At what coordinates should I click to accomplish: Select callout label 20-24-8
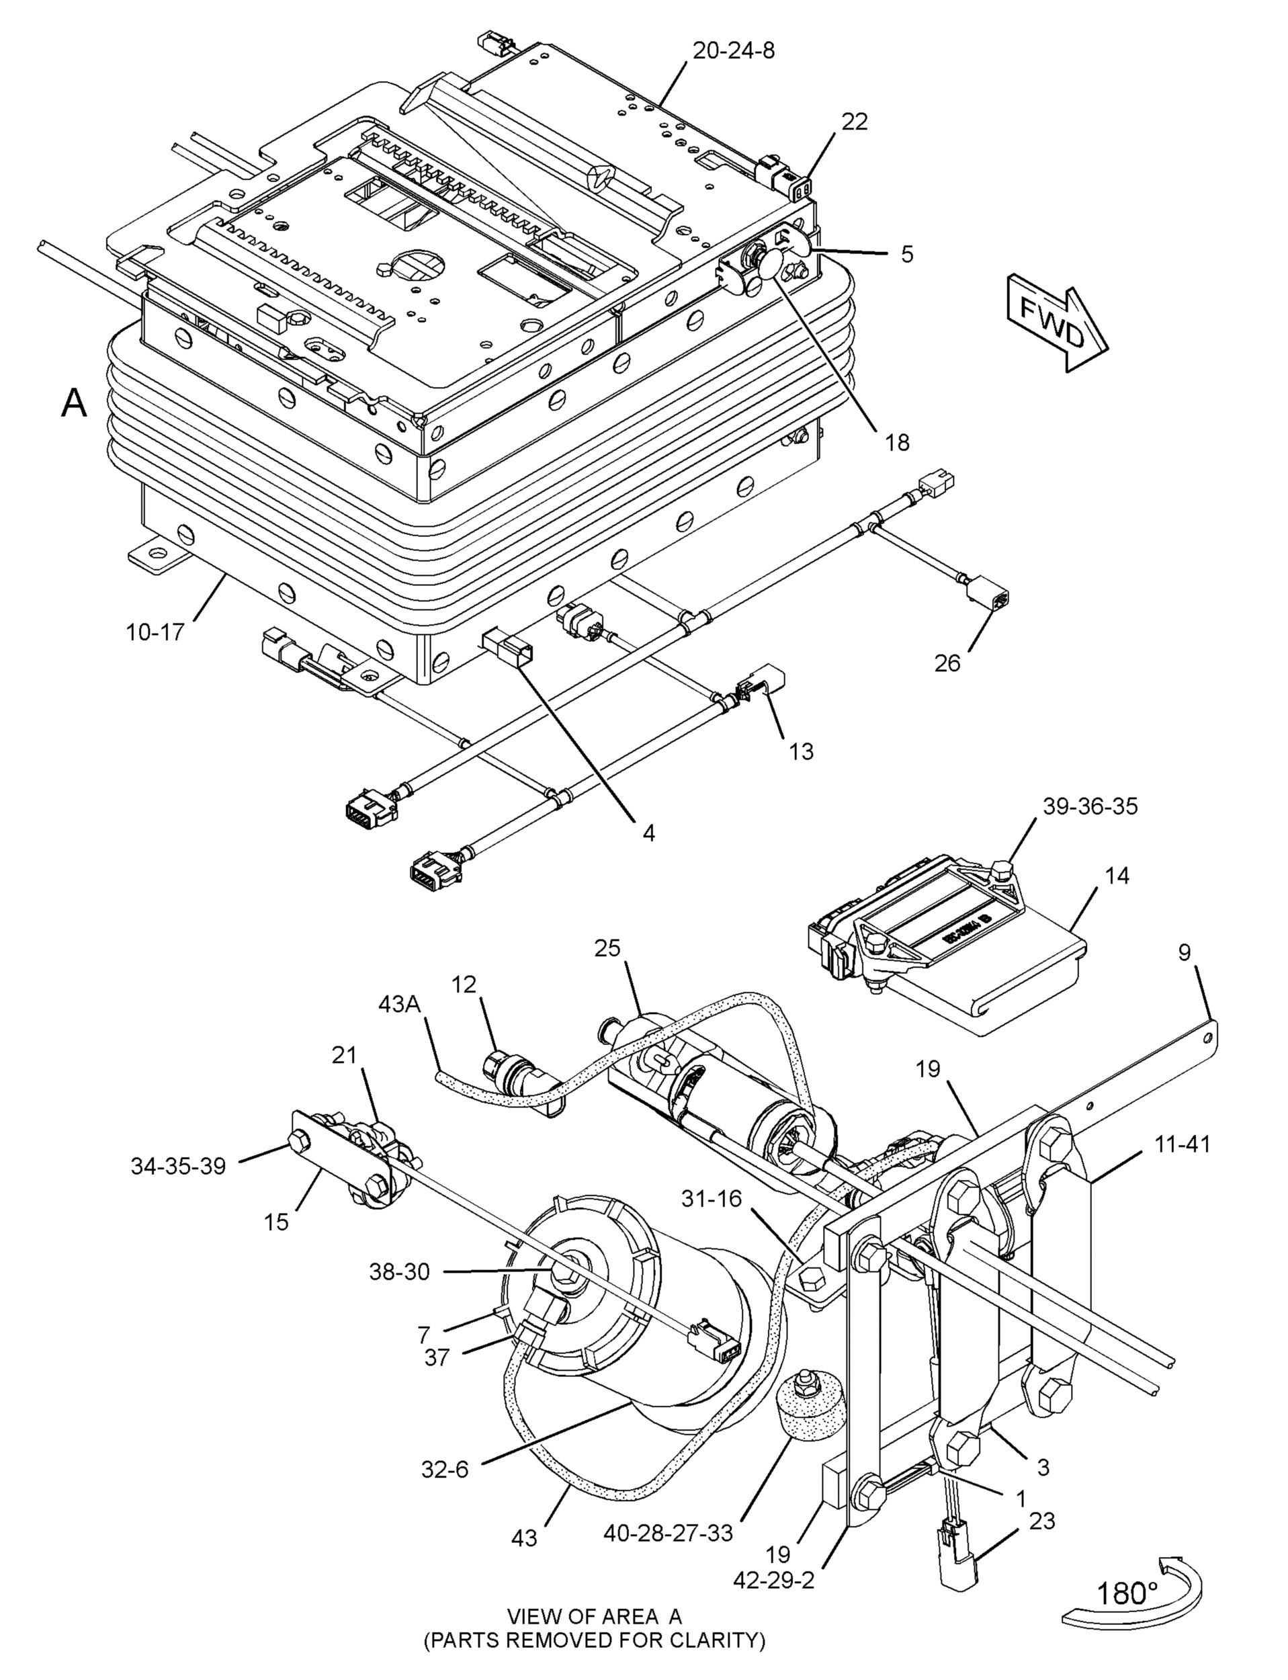[x=734, y=50]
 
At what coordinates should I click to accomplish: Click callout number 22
[x=854, y=122]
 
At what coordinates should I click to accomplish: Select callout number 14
[x=1118, y=876]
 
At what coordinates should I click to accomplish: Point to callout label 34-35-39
[x=178, y=1167]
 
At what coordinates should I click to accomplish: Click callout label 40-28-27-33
[x=668, y=1533]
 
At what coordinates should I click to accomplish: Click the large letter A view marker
[x=75, y=403]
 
